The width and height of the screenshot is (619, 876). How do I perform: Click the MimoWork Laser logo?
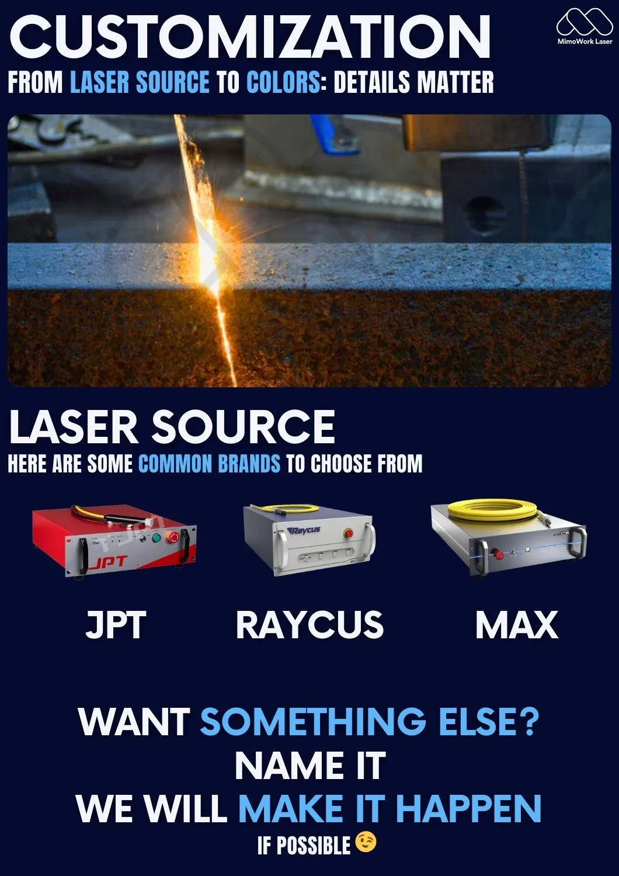click(584, 26)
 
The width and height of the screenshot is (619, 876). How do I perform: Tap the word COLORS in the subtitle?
click(283, 82)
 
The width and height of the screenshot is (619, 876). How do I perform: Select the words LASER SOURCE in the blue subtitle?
click(140, 82)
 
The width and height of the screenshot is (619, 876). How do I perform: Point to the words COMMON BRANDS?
click(209, 464)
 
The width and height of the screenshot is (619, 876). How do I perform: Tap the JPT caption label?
click(115, 625)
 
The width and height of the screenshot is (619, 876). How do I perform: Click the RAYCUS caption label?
click(309, 625)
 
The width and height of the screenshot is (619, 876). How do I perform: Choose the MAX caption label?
click(516, 625)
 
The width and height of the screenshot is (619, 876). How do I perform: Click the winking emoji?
click(366, 843)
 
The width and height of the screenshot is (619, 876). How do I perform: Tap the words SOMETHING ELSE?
click(369, 722)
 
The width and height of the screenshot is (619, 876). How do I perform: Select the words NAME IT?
click(309, 766)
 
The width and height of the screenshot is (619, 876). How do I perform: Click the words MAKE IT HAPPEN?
click(390, 809)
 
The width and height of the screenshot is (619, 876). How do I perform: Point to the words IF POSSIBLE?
click(304, 845)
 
